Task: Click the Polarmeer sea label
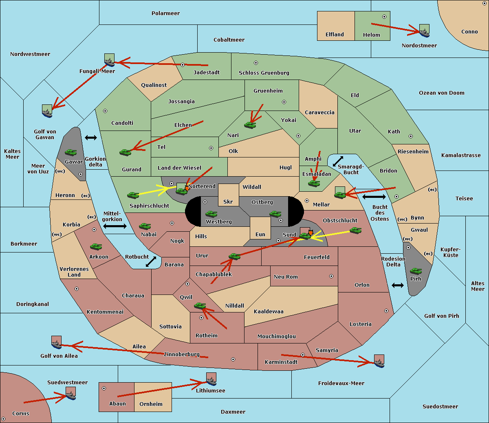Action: click(x=165, y=13)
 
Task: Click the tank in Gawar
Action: click(x=71, y=152)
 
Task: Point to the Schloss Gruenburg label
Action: click(x=264, y=73)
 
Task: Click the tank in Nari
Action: click(x=250, y=125)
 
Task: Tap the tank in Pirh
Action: click(x=416, y=271)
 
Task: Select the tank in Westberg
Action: click(x=211, y=214)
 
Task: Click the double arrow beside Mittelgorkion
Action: click(x=115, y=226)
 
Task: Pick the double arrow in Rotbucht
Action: click(x=151, y=262)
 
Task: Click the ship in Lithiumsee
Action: click(x=211, y=381)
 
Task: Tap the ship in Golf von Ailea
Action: click(x=57, y=345)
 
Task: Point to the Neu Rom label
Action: click(x=286, y=277)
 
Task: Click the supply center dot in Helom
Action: click(x=384, y=17)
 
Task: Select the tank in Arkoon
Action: click(x=96, y=246)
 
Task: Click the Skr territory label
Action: click(x=228, y=202)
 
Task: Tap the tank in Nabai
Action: click(x=145, y=226)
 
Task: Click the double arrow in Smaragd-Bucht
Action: click(x=338, y=161)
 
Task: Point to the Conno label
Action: click(x=469, y=32)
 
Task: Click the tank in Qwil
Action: click(x=200, y=306)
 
